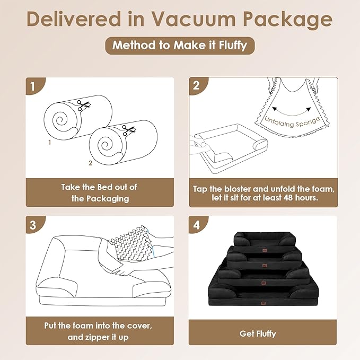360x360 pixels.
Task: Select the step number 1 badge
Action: pos(33,86)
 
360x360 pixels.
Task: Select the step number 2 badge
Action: pos(197,85)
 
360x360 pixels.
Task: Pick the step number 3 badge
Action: pos(33,224)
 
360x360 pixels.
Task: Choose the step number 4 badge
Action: pos(197,224)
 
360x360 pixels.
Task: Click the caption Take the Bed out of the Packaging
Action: pos(100,192)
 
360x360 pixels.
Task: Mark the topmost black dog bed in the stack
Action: pos(263,239)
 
